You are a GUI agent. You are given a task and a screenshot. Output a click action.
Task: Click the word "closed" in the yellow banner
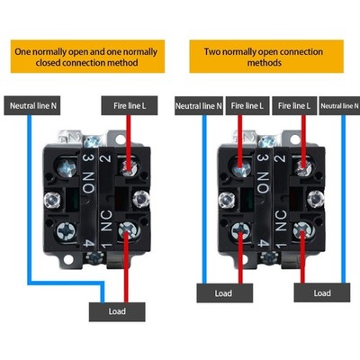point(48,63)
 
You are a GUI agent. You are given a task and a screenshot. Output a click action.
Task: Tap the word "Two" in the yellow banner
point(212,51)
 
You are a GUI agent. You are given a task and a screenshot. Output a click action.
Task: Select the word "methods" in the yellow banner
point(265,63)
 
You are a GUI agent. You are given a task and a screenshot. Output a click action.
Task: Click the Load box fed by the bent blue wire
point(117,311)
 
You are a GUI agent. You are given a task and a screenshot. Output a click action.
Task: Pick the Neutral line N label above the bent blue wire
point(32,105)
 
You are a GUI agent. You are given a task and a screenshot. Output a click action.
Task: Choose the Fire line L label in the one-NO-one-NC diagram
point(130,105)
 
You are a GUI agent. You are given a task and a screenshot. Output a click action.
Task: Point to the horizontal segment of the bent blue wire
point(66,283)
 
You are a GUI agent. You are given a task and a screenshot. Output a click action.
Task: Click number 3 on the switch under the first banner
point(89,157)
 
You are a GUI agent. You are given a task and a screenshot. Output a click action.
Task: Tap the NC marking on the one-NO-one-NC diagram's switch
point(106,220)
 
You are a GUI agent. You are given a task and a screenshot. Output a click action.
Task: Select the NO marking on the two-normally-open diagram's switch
point(263,183)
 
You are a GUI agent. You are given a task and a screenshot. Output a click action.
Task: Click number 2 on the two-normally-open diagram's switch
point(280,158)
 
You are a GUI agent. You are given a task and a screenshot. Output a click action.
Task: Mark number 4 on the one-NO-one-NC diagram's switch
point(88,243)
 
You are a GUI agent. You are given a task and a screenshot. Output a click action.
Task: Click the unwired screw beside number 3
point(67,167)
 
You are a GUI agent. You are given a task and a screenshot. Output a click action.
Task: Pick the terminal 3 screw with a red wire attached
point(241,167)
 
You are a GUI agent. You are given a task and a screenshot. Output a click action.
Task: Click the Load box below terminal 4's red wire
point(225,293)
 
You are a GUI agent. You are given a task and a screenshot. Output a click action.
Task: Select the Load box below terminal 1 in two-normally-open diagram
point(322,293)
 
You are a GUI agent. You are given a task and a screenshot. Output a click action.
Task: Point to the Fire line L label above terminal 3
point(247,105)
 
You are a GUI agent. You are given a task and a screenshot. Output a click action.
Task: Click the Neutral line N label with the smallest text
point(339,105)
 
